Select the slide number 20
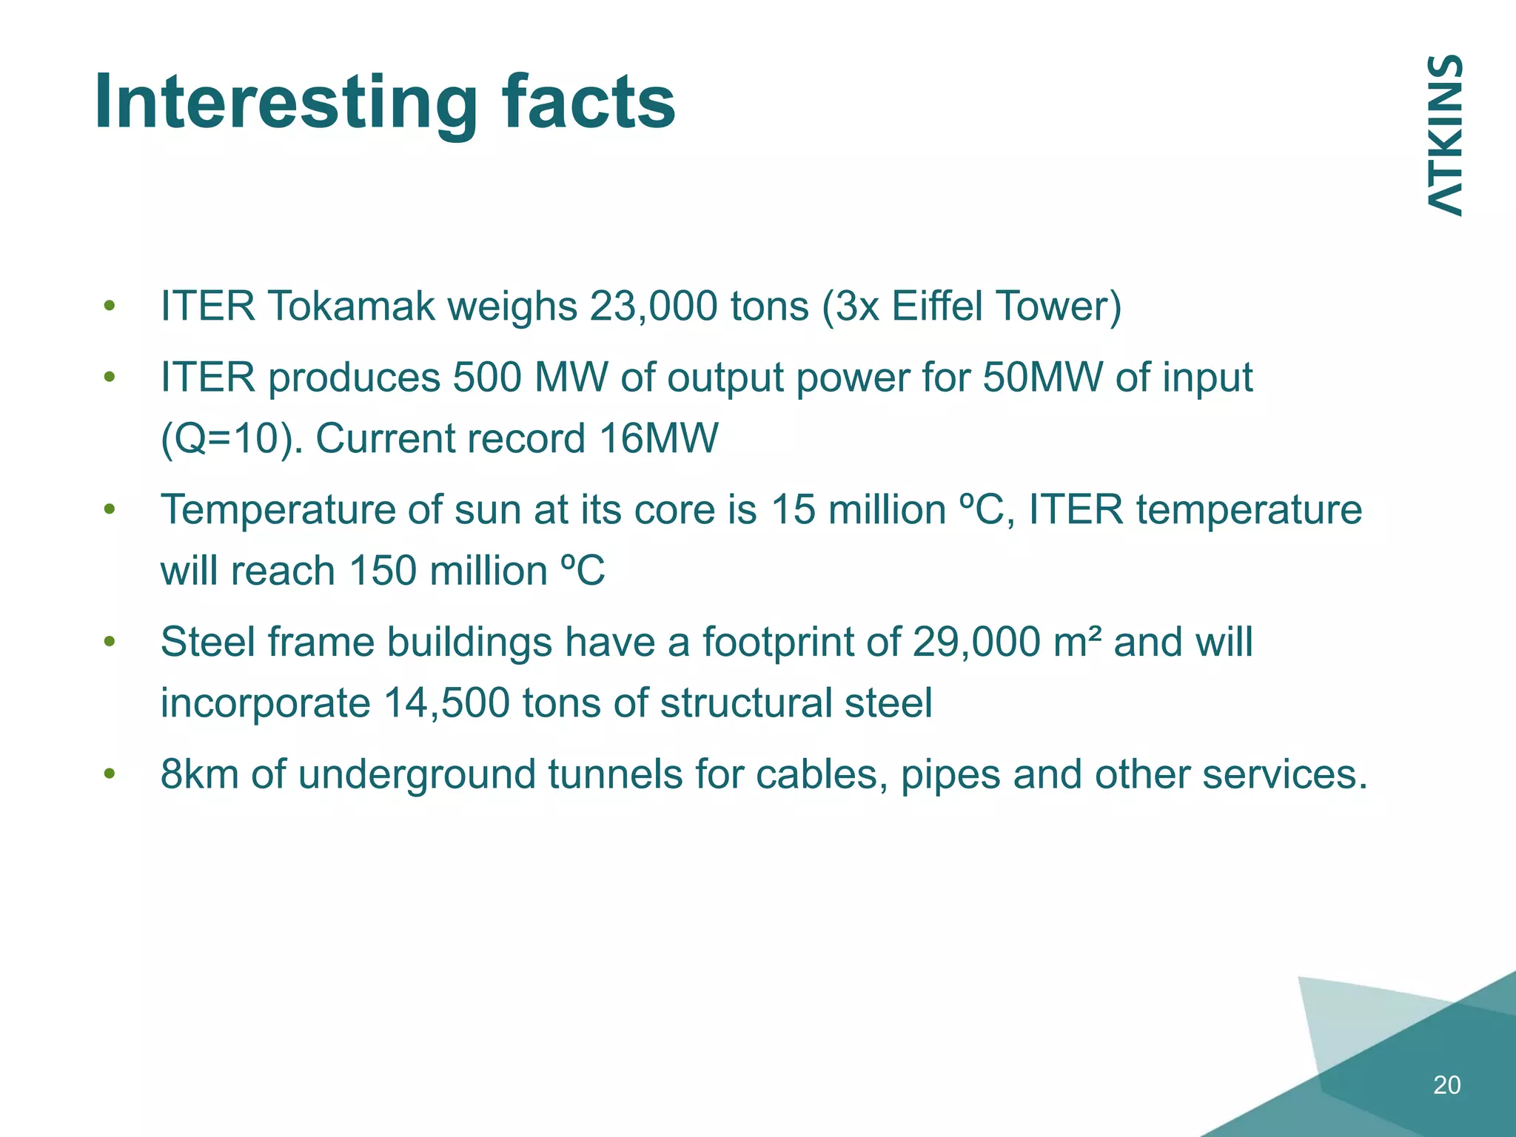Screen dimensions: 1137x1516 point(1446,1085)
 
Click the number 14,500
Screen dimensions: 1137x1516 point(446,703)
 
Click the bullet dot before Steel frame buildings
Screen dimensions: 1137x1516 point(110,642)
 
